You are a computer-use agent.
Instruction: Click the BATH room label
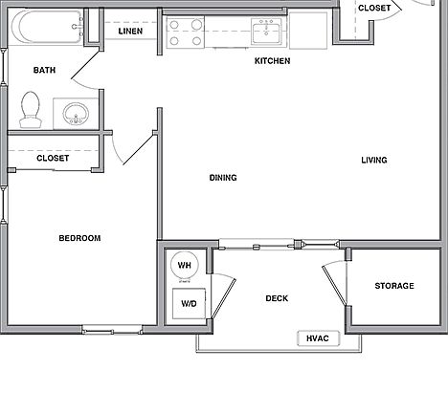44,70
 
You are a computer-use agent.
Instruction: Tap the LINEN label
131,33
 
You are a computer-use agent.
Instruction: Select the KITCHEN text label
272,61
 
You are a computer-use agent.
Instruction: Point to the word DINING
223,178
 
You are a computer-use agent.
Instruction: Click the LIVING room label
373,160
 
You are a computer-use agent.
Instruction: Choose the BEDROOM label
79,238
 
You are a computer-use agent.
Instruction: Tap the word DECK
277,298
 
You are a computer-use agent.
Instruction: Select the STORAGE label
393,286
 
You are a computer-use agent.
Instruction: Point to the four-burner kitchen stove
186,33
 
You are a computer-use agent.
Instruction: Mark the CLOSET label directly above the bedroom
52,158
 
